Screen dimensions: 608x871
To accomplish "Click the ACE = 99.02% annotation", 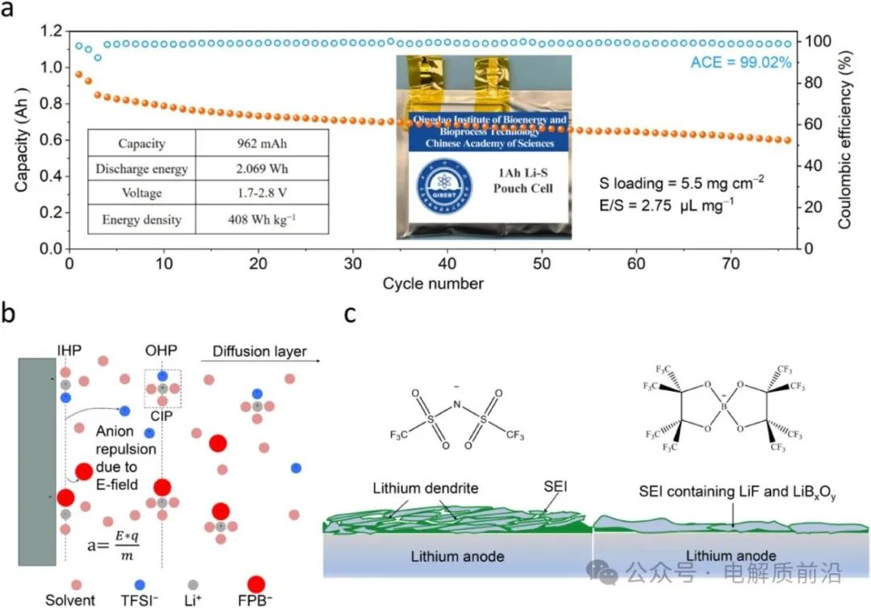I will [x=740, y=62].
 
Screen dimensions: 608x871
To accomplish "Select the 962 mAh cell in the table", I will [x=263, y=144].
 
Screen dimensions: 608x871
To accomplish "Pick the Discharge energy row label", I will [x=141, y=169].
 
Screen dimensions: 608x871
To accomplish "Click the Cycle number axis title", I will [x=433, y=284].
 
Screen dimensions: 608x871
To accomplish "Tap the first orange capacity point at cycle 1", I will [x=78, y=74].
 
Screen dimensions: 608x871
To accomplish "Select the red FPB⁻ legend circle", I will [x=256, y=585].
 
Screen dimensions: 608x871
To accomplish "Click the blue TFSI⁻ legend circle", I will [x=140, y=584].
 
